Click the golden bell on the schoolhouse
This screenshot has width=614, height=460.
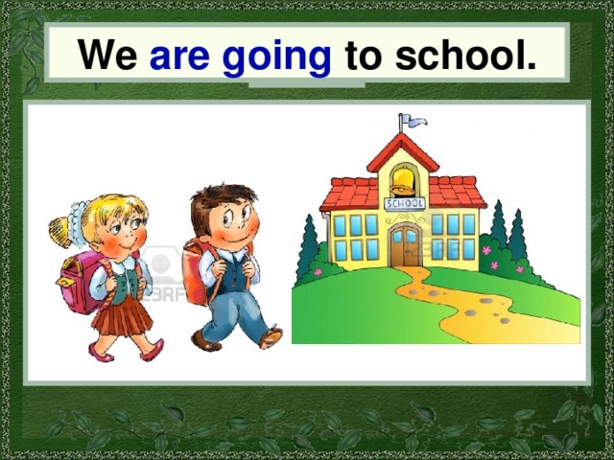(x=403, y=181)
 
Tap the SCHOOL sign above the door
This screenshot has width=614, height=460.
(x=403, y=204)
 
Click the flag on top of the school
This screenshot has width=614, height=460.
(x=413, y=121)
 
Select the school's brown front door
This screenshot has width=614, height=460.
(x=404, y=247)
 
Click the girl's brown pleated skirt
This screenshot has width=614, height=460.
(x=123, y=315)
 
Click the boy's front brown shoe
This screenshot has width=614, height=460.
(x=270, y=337)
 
